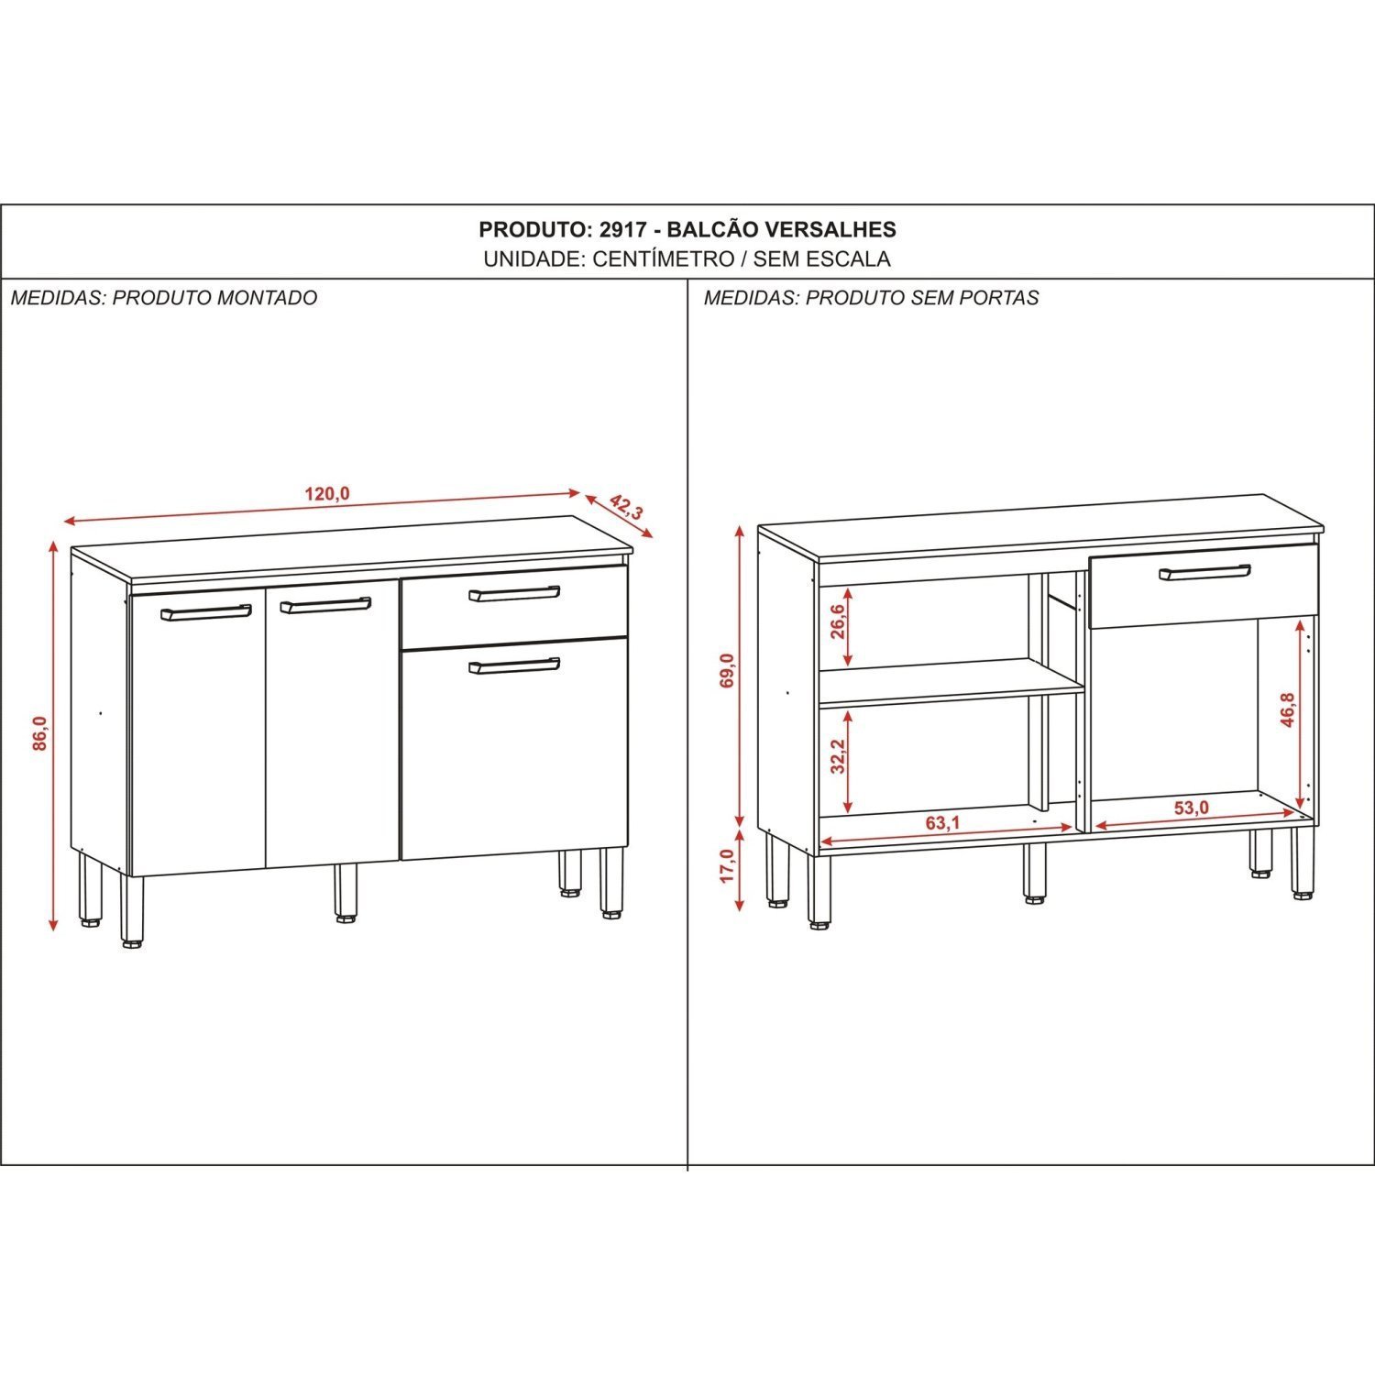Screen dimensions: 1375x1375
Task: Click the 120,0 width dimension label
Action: pos(327,494)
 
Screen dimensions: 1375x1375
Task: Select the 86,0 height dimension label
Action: pos(39,733)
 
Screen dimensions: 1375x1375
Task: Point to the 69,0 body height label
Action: pos(727,671)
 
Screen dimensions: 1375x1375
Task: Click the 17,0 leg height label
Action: pos(727,866)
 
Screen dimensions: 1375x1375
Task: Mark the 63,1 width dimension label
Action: pos(942,823)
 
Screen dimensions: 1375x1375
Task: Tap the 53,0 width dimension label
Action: pos(1192,808)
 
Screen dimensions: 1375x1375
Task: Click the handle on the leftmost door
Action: pos(206,611)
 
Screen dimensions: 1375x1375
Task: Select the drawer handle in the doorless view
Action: pos(1205,573)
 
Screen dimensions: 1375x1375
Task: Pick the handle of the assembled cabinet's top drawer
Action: pos(514,594)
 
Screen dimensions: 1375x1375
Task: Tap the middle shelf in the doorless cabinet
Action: pos(949,681)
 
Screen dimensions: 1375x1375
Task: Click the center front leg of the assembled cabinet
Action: pos(346,892)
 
